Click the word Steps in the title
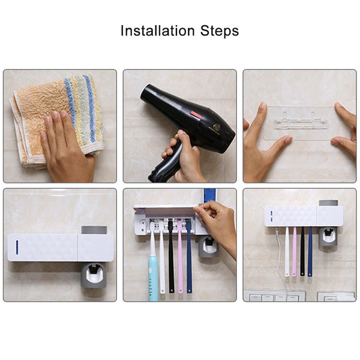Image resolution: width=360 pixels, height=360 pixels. [x=220, y=31]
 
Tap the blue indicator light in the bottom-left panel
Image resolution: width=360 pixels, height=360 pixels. [x=16, y=247]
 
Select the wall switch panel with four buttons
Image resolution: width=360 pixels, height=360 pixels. [x=275, y=296]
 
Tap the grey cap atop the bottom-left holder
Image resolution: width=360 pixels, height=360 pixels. [x=94, y=230]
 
